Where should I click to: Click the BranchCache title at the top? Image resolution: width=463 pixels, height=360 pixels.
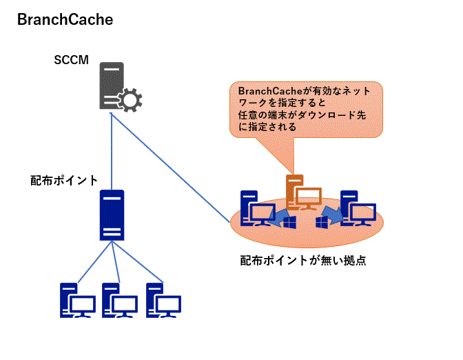click(65, 20)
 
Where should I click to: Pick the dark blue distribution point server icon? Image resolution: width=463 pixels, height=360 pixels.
click(112, 214)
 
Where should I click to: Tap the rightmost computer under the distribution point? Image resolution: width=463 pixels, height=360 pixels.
click(163, 301)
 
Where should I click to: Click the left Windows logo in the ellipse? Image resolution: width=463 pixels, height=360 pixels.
click(289, 222)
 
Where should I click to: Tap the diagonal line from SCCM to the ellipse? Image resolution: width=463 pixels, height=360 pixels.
click(172, 170)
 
